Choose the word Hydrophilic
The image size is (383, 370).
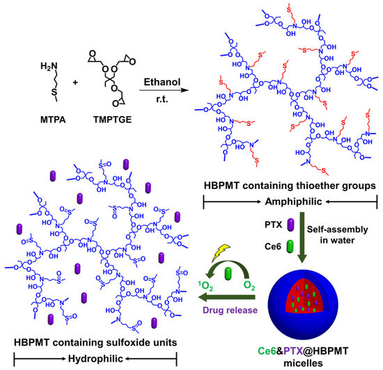pyautogui.click(x=96, y=357)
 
